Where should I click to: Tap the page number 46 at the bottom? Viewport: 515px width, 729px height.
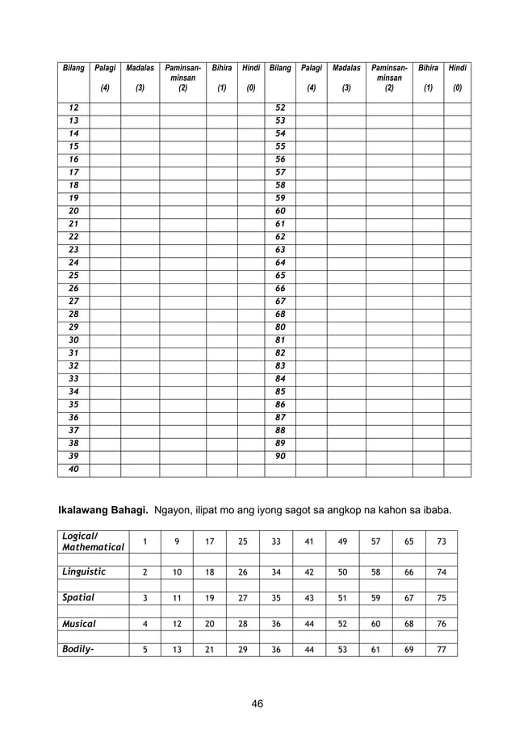point(257,703)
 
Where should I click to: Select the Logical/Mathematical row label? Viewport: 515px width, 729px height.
point(94,541)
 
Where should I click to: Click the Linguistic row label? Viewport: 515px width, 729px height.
point(84,571)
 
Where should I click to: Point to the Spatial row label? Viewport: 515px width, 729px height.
point(78,597)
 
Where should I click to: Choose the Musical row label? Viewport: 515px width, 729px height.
point(79,623)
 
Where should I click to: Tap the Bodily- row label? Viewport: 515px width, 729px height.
point(78,649)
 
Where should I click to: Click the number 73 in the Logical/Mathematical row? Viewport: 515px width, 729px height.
point(441,541)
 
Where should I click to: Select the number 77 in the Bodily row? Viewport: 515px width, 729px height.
point(441,649)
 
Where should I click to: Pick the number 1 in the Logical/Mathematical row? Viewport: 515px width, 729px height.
point(144,541)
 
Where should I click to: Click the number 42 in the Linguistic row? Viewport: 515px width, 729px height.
point(308,571)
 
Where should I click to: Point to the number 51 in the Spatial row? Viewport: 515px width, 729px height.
point(342,597)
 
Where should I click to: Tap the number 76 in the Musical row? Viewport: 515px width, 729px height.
point(441,623)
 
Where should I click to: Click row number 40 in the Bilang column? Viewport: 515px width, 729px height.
point(73,470)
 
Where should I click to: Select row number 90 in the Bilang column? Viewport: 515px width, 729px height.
point(280,457)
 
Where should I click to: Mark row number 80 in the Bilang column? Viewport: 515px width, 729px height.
point(280,327)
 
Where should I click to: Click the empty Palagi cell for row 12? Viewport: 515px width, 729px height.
point(105,107)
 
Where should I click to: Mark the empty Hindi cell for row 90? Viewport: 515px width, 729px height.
point(457,457)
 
